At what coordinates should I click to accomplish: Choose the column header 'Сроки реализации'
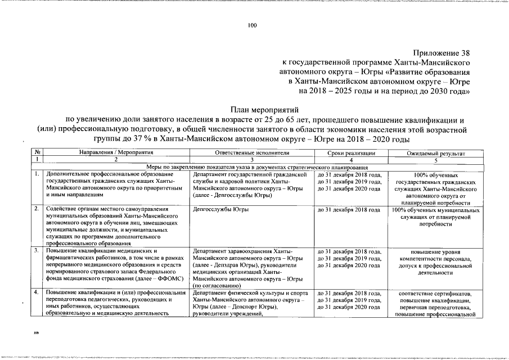click(351, 153)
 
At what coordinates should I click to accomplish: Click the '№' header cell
click(37, 153)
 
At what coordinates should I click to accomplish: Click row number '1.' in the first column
click(37, 174)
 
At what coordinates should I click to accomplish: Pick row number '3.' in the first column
click(37, 250)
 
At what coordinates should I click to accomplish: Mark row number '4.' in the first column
click(37, 293)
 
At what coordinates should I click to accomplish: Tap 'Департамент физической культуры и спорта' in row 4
click(250, 293)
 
